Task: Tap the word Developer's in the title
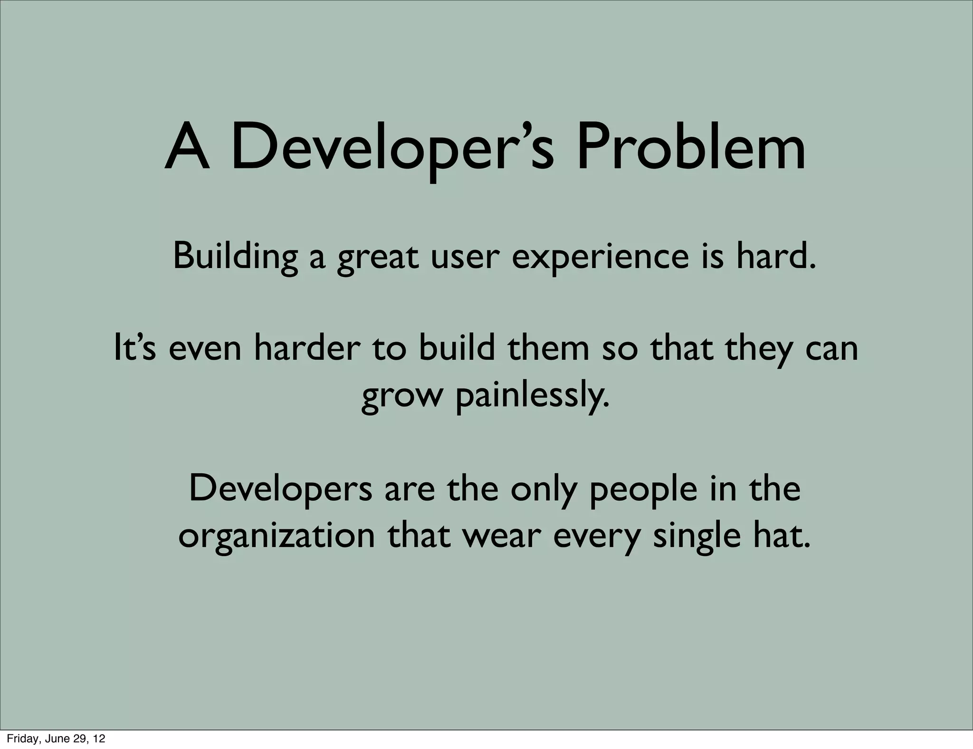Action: coord(392,148)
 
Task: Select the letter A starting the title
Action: coord(187,148)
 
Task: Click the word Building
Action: coord(235,257)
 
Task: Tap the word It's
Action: coord(135,348)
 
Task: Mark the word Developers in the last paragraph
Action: coord(280,489)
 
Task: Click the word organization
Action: coord(277,537)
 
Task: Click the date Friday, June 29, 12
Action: coord(56,739)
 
